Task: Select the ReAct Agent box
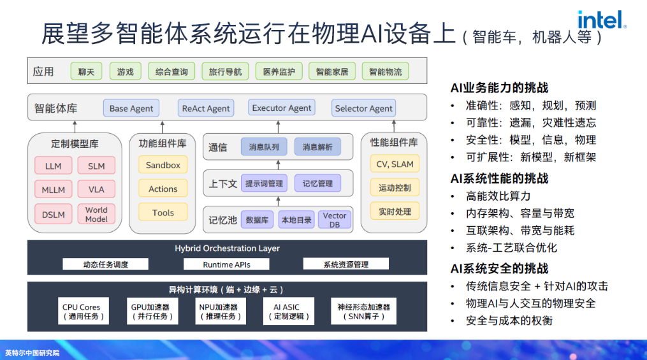click(x=206, y=108)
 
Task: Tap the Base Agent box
click(x=131, y=108)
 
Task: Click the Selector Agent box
click(x=363, y=108)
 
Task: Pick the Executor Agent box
click(x=282, y=108)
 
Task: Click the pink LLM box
click(x=54, y=166)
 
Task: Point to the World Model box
click(x=96, y=214)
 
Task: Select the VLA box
click(x=96, y=189)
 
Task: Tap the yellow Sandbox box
click(x=163, y=165)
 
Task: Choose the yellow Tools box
click(x=163, y=213)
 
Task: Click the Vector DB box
click(x=335, y=220)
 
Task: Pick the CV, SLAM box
click(x=395, y=164)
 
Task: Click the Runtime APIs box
click(x=226, y=264)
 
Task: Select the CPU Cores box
click(x=82, y=312)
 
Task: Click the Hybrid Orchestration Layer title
click(x=227, y=248)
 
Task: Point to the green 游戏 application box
click(x=125, y=72)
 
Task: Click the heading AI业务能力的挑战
click(x=499, y=88)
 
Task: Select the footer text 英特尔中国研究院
click(x=32, y=352)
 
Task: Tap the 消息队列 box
click(x=264, y=147)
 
